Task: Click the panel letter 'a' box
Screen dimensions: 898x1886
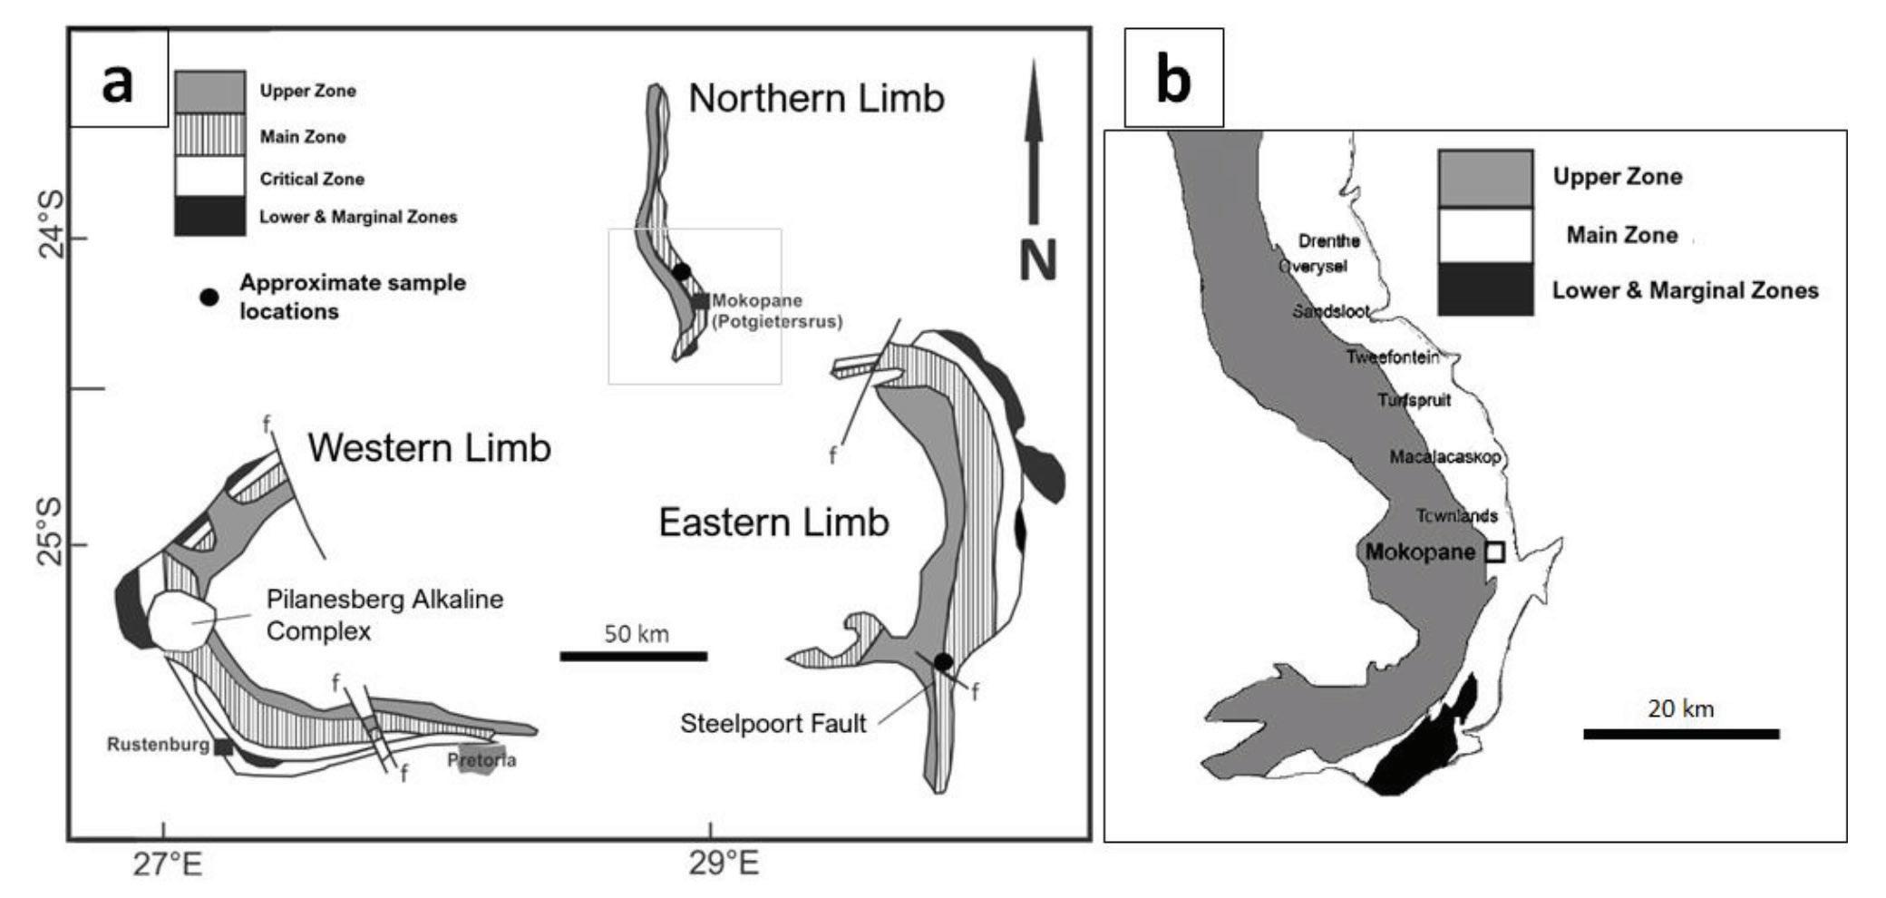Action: point(118,79)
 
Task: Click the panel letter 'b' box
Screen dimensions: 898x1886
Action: point(1173,78)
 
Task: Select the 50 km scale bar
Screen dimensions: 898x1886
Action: point(633,656)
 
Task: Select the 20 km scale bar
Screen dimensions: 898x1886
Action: point(1681,734)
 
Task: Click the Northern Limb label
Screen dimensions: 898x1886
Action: point(816,98)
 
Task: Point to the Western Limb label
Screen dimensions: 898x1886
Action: point(429,448)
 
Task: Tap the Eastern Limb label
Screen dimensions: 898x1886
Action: point(773,522)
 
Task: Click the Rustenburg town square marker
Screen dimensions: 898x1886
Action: point(223,747)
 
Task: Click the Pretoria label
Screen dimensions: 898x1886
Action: point(481,760)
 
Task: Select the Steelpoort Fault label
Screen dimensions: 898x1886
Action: point(773,723)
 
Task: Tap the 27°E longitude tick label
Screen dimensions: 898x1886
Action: point(168,865)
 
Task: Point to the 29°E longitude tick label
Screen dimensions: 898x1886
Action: point(723,865)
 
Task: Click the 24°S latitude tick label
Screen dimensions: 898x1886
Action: point(51,227)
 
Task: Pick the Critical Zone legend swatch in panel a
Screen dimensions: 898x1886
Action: point(209,177)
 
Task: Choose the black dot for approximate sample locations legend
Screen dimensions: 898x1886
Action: point(209,297)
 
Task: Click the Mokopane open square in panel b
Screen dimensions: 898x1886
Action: point(1494,551)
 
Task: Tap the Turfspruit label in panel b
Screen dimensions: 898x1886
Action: point(1414,400)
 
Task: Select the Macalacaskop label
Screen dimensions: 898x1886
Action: point(1445,457)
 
